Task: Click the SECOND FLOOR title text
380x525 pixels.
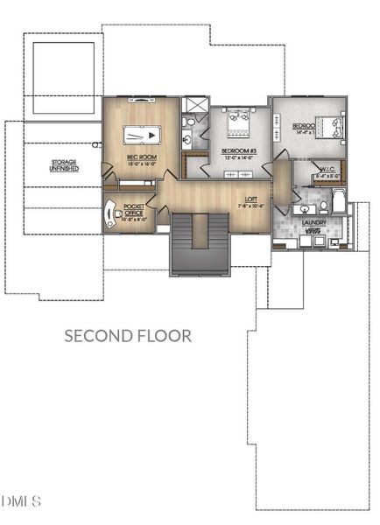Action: click(x=128, y=336)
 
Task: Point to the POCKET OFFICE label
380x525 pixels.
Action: click(x=133, y=207)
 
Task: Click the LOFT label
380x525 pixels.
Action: click(x=251, y=199)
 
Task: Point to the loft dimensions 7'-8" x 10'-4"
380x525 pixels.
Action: click(x=250, y=206)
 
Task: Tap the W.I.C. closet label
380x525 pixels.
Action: click(x=306, y=171)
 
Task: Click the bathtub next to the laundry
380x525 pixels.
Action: click(x=338, y=208)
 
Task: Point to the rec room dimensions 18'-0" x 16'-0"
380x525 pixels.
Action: click(x=130, y=163)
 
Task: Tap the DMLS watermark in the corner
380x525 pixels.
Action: click(x=21, y=501)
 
